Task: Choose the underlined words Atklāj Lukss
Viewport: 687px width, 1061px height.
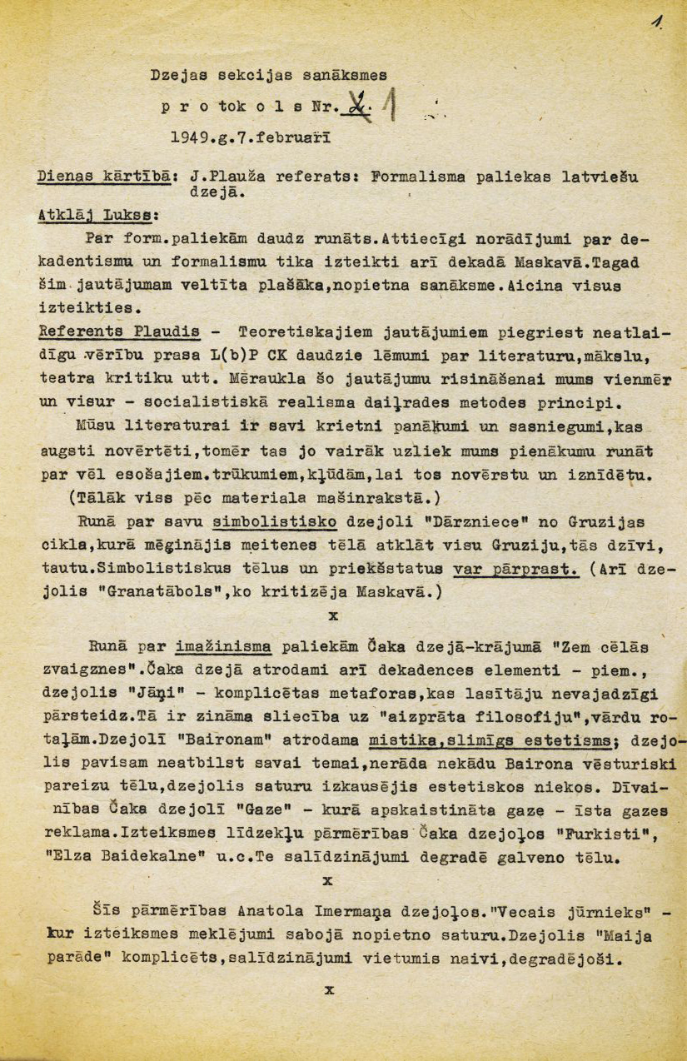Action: [x=98, y=215]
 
